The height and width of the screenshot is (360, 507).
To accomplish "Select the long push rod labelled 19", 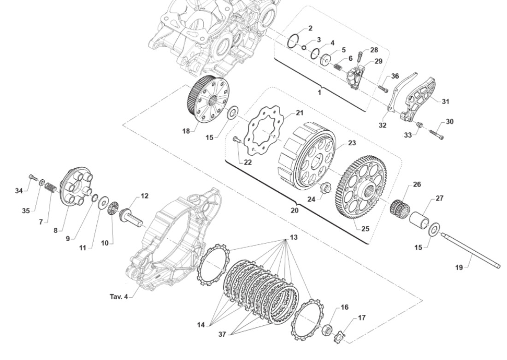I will click(x=470, y=251).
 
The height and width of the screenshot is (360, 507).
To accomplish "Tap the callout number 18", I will click(x=186, y=131).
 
